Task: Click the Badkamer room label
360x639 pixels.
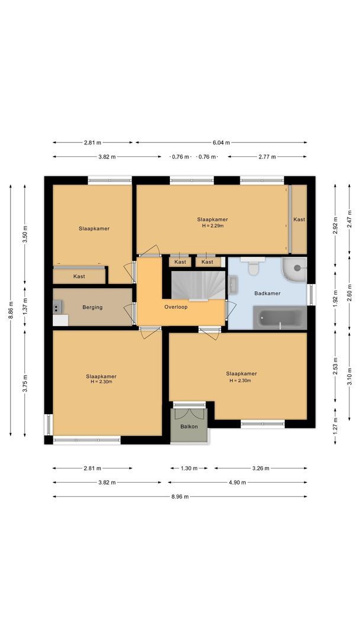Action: (x=267, y=293)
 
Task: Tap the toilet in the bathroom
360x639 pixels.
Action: (x=253, y=268)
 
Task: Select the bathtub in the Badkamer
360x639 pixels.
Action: (x=279, y=318)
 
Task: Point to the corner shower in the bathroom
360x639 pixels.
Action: (x=295, y=269)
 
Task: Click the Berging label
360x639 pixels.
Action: (x=92, y=307)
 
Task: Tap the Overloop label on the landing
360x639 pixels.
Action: (x=176, y=307)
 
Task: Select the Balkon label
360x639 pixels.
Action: (x=189, y=426)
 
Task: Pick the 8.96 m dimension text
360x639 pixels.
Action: (x=179, y=497)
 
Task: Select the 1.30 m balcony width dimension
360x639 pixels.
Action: (x=189, y=468)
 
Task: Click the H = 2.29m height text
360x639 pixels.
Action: (x=212, y=225)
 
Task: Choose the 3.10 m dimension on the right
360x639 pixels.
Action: (x=349, y=376)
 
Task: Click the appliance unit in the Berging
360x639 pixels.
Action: (x=57, y=307)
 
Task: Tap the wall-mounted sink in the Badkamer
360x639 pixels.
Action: (x=233, y=285)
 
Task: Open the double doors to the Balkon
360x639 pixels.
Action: (x=189, y=406)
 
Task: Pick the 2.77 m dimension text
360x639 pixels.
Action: (x=268, y=157)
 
